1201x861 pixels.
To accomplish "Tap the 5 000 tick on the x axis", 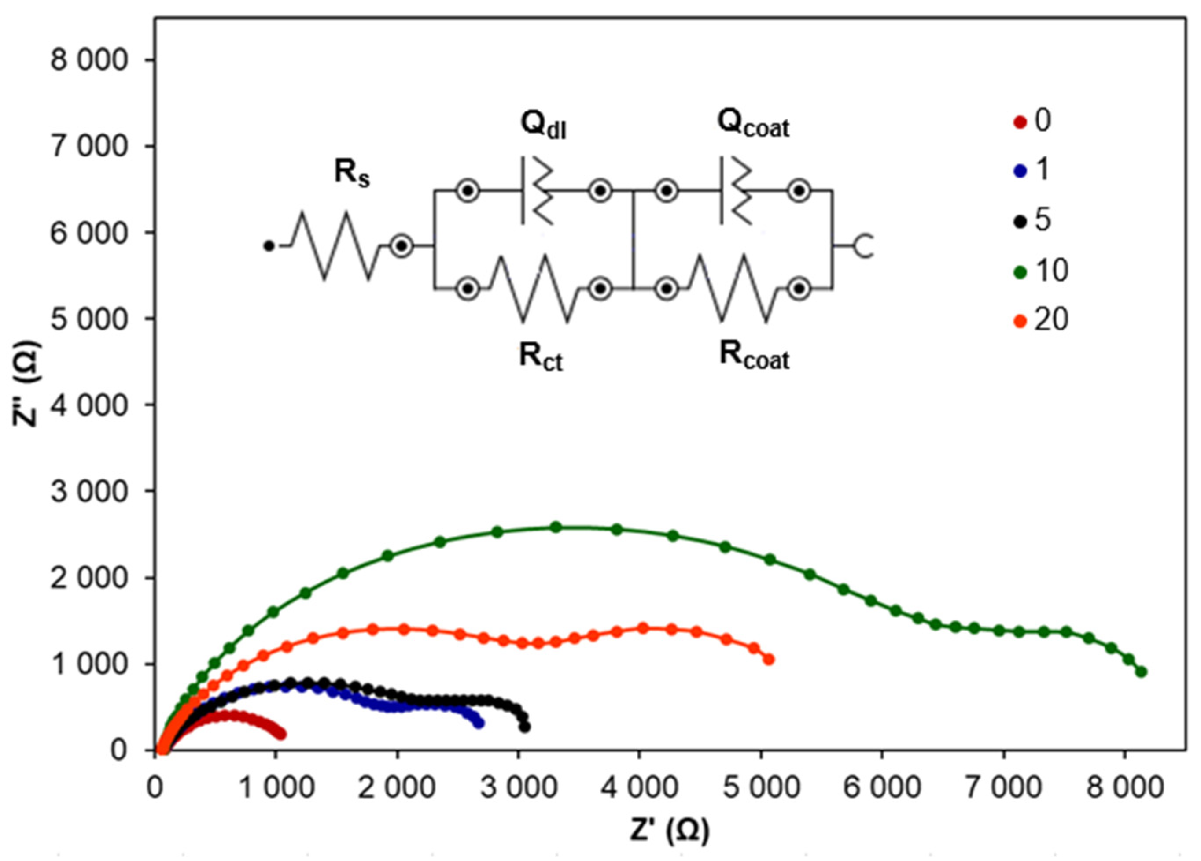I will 760,788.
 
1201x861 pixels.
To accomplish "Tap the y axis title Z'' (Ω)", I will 26,391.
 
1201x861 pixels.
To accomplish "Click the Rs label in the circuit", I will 352,174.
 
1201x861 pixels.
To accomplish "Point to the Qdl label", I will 543,126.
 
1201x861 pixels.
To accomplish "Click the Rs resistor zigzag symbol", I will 336,246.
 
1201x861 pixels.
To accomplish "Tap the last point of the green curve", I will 1141,672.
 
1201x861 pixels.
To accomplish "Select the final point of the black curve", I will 525,727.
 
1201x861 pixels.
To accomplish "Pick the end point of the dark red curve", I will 282,735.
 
